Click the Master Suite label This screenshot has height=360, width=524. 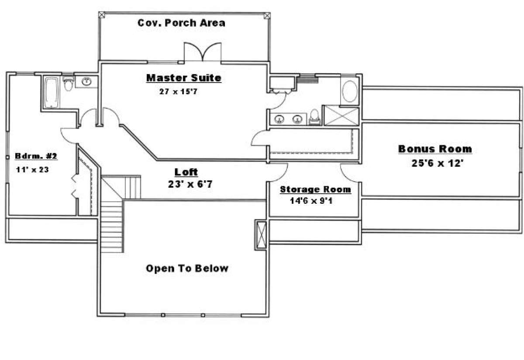184,78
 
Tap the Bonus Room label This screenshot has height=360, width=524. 435,149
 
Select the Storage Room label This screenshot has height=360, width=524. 315,189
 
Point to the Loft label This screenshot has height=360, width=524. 186,172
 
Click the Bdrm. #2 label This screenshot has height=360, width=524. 36,156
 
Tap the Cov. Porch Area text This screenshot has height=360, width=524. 181,23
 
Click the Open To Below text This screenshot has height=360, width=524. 187,268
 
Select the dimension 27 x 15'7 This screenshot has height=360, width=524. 178,91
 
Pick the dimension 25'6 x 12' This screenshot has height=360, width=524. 438,163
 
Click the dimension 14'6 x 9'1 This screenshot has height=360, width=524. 311,201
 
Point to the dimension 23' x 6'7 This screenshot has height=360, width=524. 190,184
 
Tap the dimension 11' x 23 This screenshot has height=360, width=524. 32,169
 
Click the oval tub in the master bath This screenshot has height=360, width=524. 350,91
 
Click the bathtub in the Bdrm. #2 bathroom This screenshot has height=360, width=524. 52,93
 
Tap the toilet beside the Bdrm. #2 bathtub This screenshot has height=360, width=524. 69,84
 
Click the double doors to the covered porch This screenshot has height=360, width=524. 203,52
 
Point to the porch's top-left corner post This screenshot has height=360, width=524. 101,15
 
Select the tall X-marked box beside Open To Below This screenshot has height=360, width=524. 261,235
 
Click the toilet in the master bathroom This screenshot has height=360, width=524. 315,117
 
